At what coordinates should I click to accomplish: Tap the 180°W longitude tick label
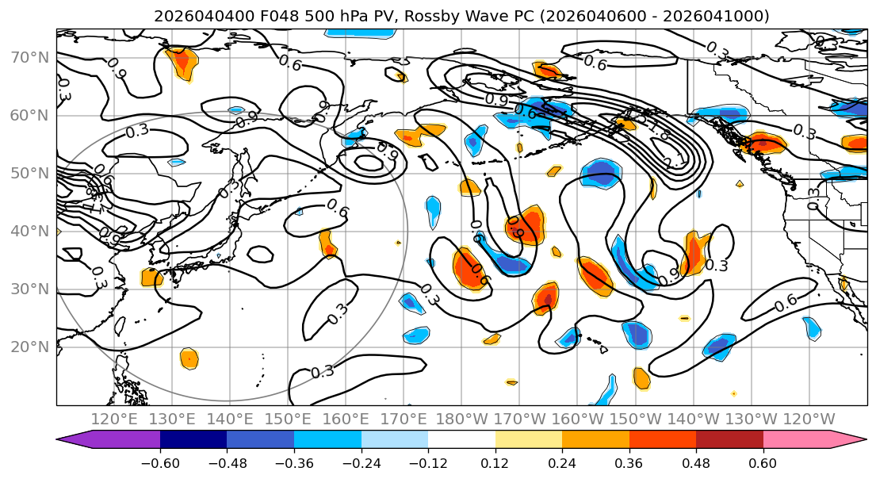pos(461,419)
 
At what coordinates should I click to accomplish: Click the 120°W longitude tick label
pos(808,419)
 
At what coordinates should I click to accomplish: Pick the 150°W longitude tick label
pos(634,419)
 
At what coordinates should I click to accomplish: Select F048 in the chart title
pos(280,16)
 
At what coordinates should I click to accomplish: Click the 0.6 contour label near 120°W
pos(785,301)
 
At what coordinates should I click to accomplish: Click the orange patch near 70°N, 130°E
pos(182,62)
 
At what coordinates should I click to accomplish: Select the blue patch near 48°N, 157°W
pos(600,174)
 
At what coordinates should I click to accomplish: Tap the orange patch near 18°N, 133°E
pos(189,358)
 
